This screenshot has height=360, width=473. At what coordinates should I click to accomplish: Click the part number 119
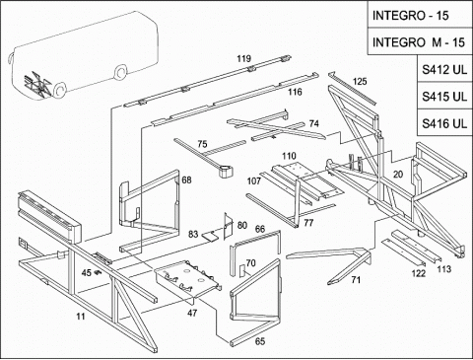tap(244, 58)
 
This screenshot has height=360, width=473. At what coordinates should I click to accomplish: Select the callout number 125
tap(360, 81)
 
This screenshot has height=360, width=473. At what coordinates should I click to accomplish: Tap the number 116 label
tap(295, 92)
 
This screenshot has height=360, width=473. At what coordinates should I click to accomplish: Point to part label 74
tap(314, 123)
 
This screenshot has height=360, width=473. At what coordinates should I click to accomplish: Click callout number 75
tap(202, 144)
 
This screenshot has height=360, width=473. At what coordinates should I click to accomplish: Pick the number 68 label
tap(186, 180)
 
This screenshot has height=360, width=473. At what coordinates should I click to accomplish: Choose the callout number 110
tap(289, 156)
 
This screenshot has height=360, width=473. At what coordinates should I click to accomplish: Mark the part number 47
tap(192, 313)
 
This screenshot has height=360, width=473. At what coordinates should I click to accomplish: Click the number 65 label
tap(260, 341)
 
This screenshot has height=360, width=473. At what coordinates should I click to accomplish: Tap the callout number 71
tap(356, 280)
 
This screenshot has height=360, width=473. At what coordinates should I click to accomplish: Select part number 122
tap(419, 273)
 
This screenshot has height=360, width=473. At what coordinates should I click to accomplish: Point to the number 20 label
tap(398, 175)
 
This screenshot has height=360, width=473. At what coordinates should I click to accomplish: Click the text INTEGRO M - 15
tap(419, 42)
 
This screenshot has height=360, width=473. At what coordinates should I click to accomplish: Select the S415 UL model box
tap(444, 97)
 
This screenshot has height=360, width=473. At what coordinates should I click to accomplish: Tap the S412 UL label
tap(444, 69)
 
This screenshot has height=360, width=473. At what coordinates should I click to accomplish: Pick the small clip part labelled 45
tap(97, 272)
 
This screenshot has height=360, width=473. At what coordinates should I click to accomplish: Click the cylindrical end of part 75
tap(225, 171)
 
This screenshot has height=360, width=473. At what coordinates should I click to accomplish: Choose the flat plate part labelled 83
tap(210, 236)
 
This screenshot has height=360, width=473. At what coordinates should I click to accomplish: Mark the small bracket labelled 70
tap(242, 270)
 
